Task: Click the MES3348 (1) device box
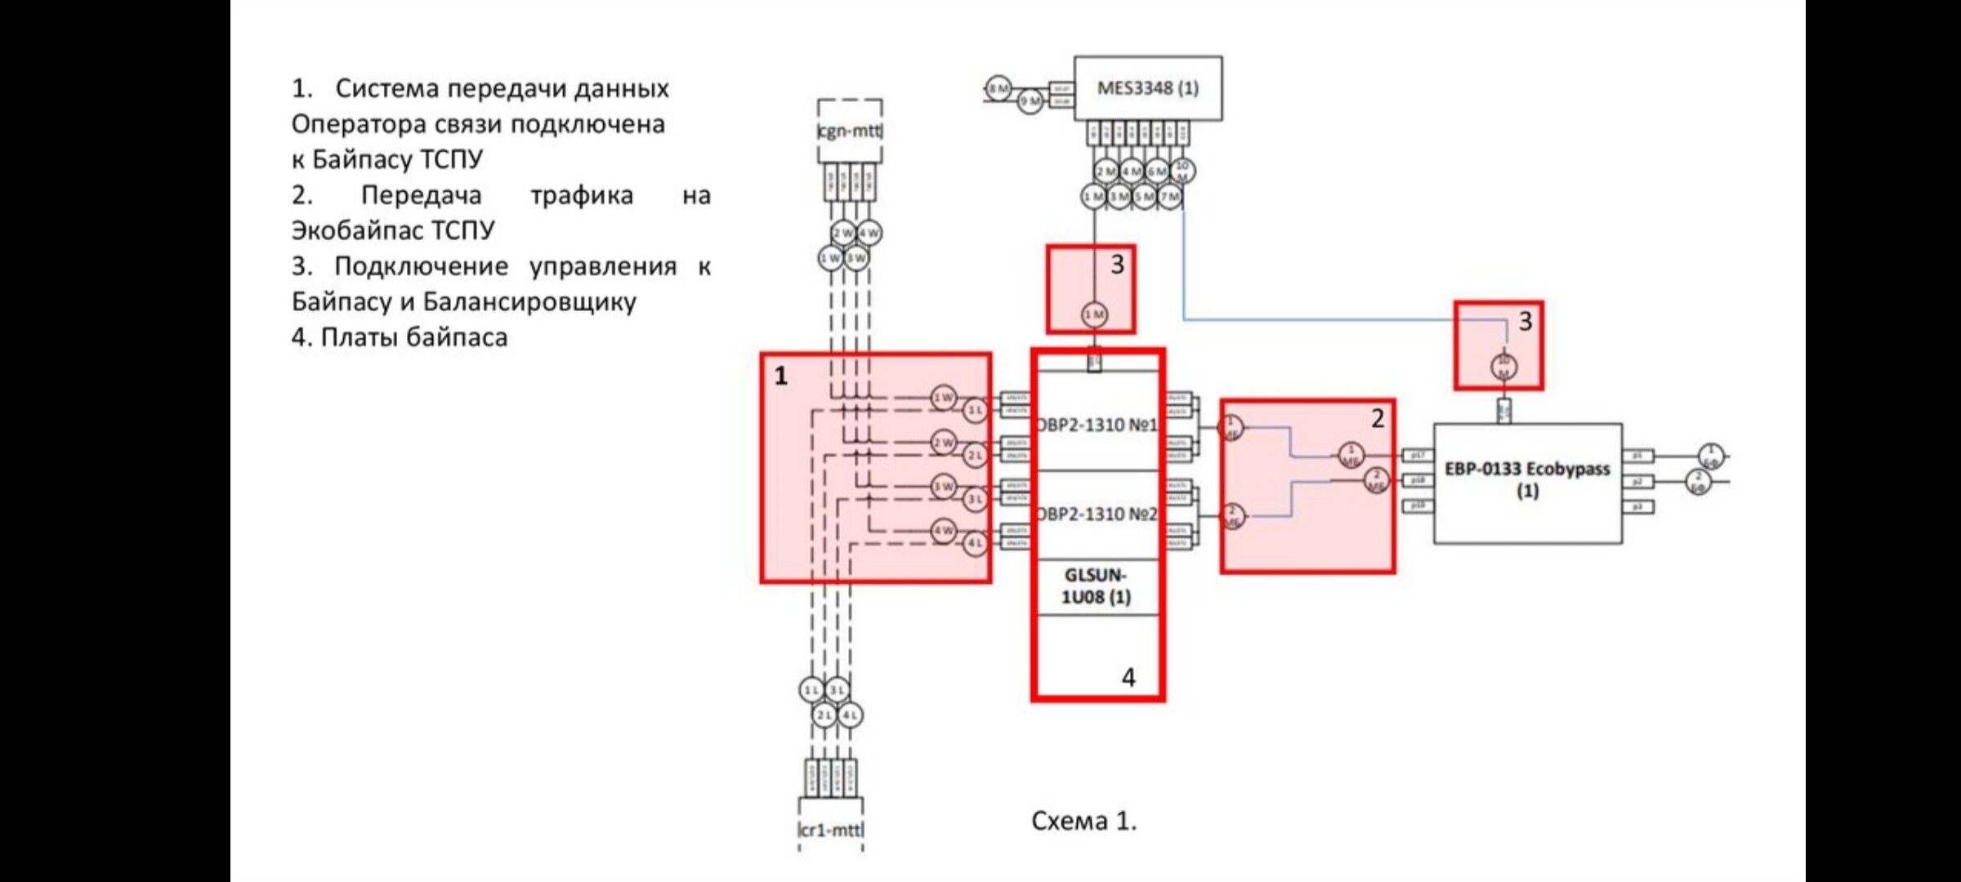1147,88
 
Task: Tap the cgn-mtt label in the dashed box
850,131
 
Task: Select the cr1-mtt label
830,830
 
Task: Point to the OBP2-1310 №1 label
1097,425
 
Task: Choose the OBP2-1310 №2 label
1097,514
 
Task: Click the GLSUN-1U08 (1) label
1096,586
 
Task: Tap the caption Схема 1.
1083,821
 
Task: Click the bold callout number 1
781,376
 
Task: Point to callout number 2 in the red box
1378,419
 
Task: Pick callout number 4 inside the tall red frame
1128,677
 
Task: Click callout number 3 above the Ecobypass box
1525,322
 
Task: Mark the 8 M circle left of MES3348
998,88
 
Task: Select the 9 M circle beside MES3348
1030,101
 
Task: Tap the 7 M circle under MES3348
1170,197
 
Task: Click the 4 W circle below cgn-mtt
869,233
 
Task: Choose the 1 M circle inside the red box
1094,314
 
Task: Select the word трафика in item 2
582,195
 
